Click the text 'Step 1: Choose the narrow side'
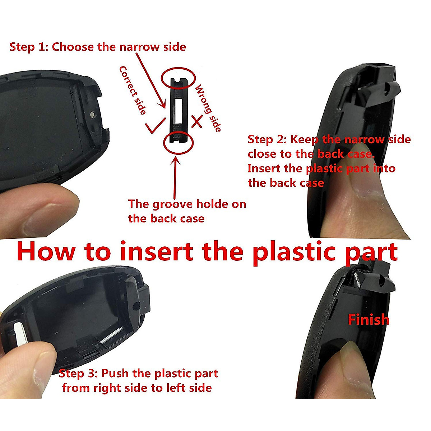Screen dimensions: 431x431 [97, 47]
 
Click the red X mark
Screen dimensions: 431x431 [196, 121]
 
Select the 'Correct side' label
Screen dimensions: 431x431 [133, 90]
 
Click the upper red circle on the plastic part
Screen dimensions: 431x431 [178, 79]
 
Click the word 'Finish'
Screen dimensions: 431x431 [369, 319]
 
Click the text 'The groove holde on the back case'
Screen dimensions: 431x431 [187, 211]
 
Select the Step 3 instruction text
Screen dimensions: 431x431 [138, 380]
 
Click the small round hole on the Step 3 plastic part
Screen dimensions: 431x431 [135, 306]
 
